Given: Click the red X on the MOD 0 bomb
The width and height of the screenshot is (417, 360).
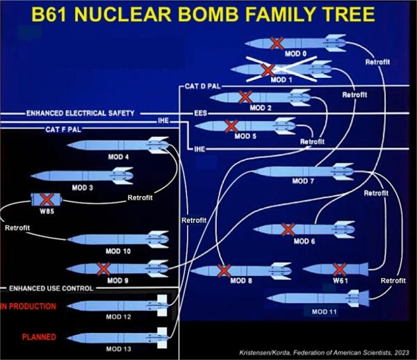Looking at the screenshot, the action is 277,43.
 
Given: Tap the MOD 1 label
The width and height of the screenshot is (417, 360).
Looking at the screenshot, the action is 281,80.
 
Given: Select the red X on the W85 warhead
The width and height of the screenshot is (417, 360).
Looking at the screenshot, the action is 47,199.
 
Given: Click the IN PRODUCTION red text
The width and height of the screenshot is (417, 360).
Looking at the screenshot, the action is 28,306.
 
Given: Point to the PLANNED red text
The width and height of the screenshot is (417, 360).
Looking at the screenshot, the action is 39,337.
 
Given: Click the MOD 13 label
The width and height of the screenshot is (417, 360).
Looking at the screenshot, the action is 119,349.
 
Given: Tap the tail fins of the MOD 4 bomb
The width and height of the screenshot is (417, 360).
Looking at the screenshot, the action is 158,145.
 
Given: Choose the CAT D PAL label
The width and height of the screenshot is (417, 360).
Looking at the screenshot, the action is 203,86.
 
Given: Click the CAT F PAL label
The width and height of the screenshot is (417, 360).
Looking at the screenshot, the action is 63,129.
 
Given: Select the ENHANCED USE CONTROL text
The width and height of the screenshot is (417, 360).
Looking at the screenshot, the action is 51,288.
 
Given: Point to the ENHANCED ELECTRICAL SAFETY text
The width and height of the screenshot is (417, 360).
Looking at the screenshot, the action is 81,113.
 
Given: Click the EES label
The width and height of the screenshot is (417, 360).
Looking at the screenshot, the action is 200,113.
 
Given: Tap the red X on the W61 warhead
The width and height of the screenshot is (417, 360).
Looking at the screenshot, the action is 340,270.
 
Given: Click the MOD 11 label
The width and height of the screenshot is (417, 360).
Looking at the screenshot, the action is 324,311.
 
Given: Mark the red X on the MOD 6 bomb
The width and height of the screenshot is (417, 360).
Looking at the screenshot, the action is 288,230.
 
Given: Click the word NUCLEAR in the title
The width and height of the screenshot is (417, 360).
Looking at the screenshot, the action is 122,14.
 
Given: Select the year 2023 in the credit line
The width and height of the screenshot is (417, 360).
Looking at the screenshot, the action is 402,352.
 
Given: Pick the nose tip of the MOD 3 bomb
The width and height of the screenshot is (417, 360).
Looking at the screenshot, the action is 31,176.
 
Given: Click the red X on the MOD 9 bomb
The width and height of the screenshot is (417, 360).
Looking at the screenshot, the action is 104,269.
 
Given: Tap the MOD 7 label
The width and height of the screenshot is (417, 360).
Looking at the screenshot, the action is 303,181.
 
